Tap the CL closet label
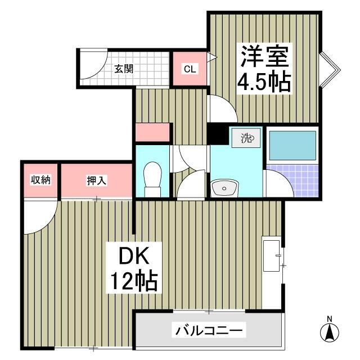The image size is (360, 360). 190,69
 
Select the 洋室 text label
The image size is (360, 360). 264,57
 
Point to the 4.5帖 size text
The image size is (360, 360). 263,83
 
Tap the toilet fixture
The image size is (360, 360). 152,176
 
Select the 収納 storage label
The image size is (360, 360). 41,180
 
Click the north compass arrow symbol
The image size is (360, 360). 330,332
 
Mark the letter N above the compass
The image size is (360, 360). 330,319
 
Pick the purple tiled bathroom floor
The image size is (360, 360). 291,179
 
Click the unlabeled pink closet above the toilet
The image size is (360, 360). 152,132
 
